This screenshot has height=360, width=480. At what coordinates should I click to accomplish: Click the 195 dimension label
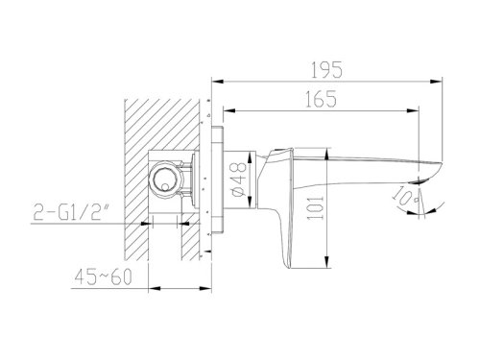(326, 69)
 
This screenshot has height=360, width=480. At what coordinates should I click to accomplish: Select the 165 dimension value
(321, 99)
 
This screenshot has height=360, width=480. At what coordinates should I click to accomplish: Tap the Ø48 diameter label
(238, 180)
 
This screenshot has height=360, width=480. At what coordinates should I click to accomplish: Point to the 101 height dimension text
(316, 207)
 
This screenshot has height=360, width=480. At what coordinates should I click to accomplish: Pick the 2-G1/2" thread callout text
(69, 211)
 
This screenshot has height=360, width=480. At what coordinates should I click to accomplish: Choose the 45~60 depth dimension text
(103, 276)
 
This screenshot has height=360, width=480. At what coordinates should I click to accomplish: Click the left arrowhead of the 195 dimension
(217, 82)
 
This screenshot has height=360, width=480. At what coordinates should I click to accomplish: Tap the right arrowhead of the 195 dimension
(437, 82)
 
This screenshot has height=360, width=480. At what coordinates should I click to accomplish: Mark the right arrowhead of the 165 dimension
(413, 110)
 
